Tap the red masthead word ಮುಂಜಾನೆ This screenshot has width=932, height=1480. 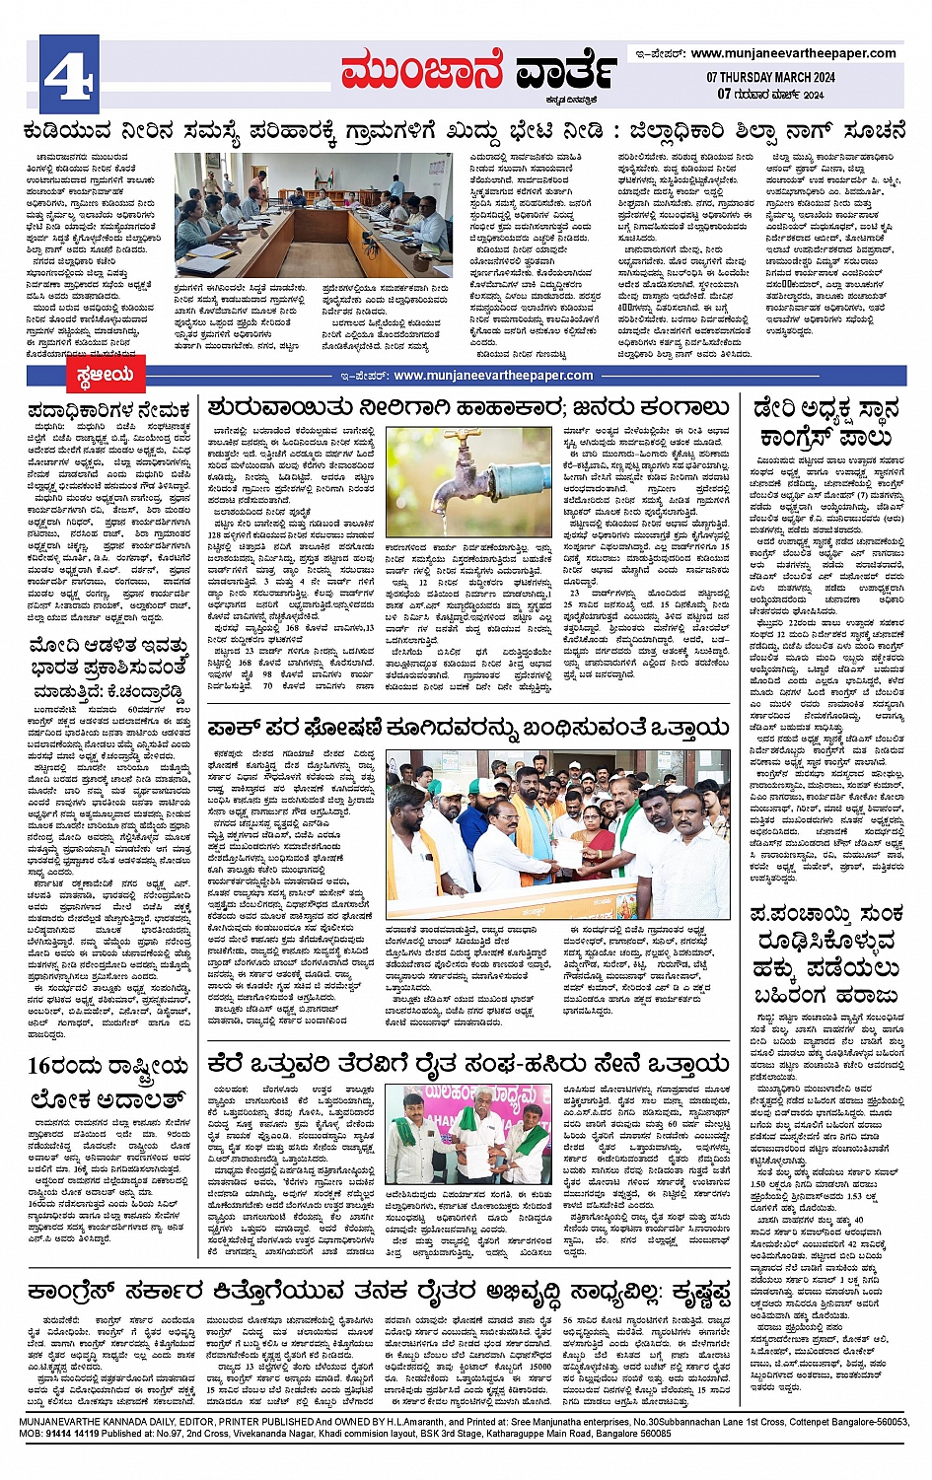click(423, 72)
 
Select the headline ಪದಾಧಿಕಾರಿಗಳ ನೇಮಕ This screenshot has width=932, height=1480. click(108, 410)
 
